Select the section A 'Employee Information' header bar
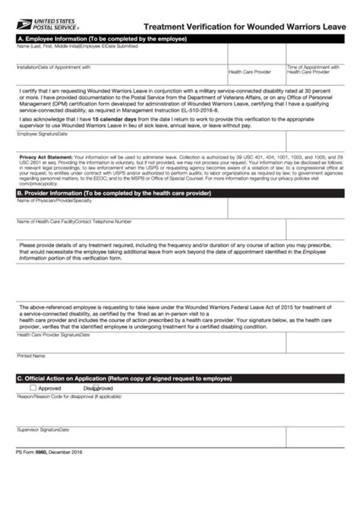point(180,37)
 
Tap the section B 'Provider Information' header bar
point(180,193)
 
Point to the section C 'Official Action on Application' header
point(180,378)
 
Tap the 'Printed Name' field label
point(31,355)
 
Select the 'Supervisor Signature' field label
point(38,429)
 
